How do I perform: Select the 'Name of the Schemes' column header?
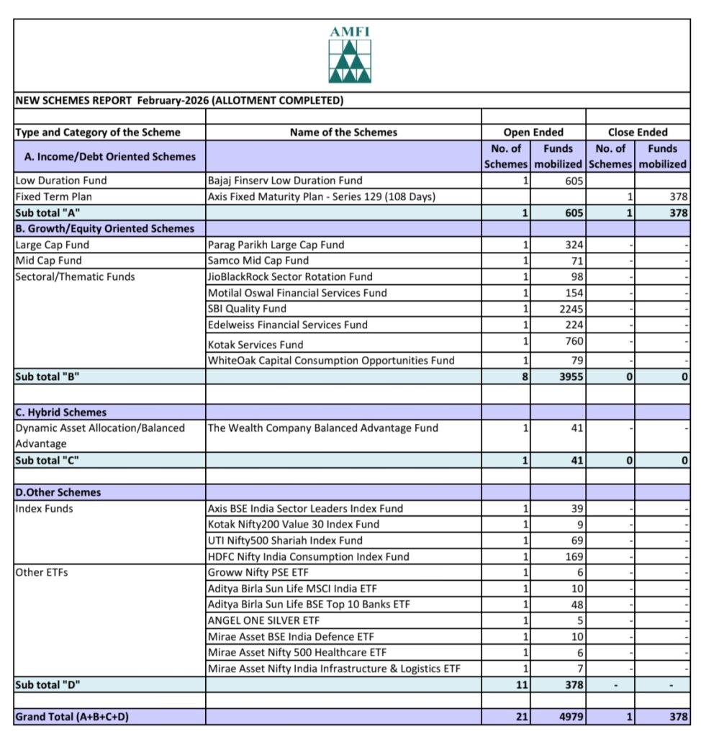[x=343, y=132]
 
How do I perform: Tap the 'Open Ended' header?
[x=533, y=132]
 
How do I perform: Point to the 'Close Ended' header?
[x=638, y=132]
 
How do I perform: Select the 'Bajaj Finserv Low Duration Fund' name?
[x=285, y=181]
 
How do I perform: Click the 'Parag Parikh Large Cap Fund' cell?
[x=276, y=245]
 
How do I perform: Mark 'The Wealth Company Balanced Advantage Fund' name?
[x=322, y=428]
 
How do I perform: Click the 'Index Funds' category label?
[x=44, y=509]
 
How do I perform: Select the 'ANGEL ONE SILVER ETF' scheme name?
[x=263, y=620]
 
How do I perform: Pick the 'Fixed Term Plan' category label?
[x=53, y=196]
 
